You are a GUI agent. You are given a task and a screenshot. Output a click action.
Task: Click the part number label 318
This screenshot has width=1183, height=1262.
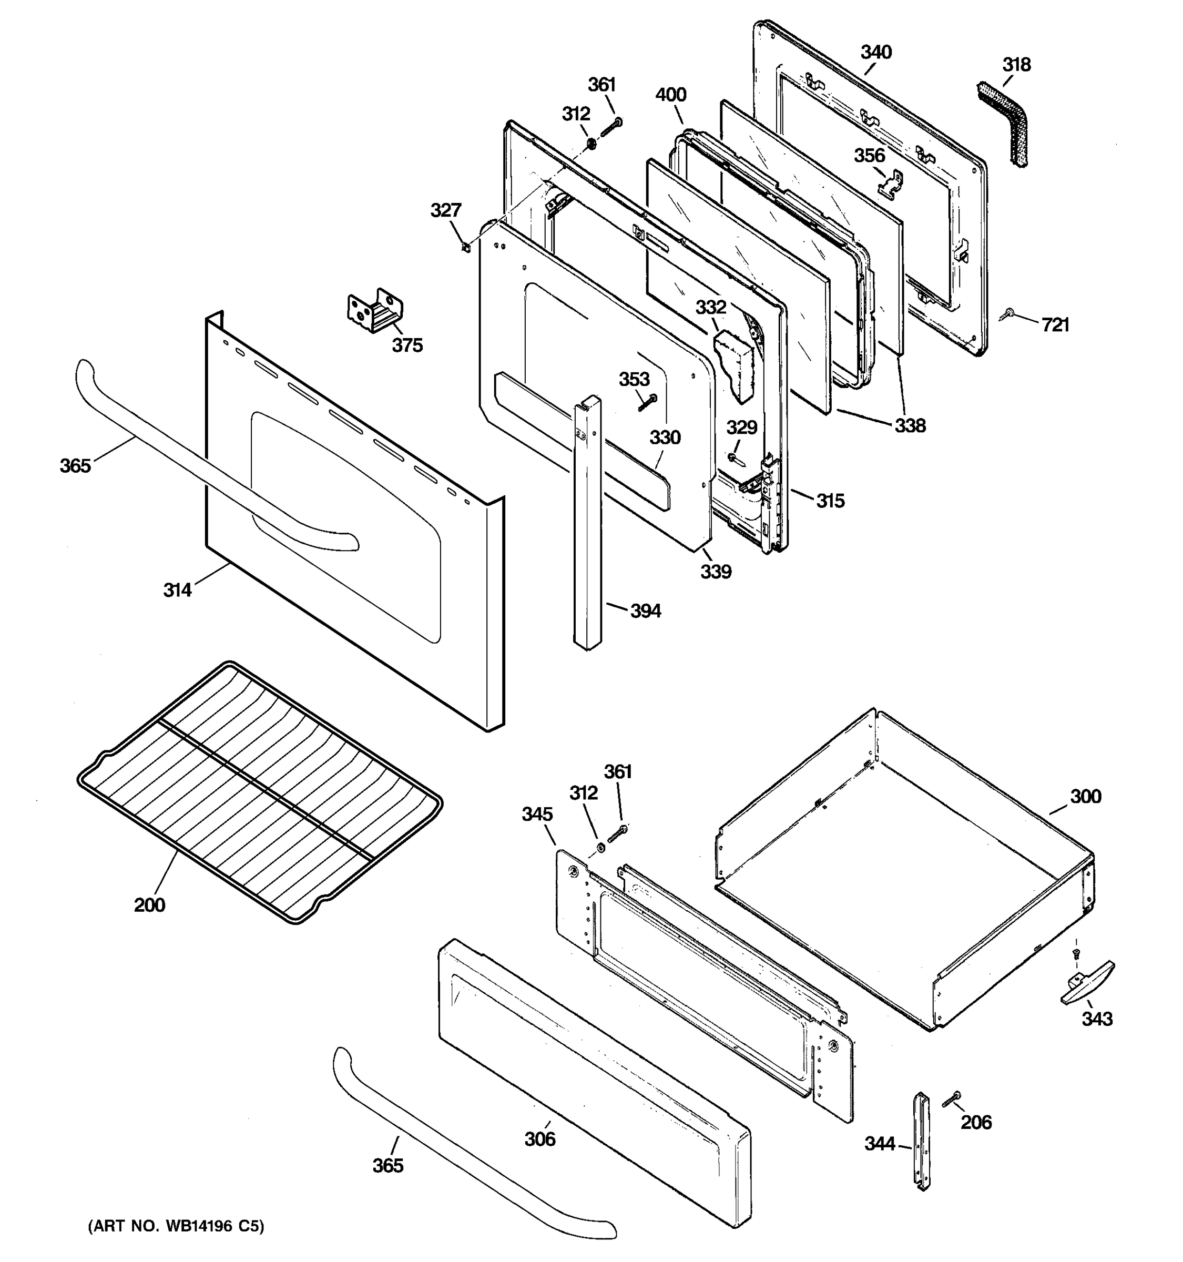click(x=1016, y=65)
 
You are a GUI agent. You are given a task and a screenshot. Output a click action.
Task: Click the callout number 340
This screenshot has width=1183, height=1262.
click(x=876, y=52)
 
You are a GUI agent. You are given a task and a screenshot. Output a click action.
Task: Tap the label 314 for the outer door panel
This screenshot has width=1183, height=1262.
click(x=177, y=591)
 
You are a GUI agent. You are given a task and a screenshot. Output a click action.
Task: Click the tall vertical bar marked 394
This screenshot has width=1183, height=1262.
click(x=587, y=521)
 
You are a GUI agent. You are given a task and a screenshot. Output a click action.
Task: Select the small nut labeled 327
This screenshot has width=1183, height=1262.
click(x=465, y=246)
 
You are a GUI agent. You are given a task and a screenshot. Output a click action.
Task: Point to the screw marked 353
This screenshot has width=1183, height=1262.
click(x=647, y=401)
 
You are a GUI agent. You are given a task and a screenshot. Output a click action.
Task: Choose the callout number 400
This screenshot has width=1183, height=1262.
click(x=670, y=95)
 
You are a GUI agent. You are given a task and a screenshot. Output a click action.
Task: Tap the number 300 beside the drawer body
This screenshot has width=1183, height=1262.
click(x=1085, y=796)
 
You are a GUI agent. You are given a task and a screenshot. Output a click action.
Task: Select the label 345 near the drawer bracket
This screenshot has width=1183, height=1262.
click(x=537, y=814)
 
